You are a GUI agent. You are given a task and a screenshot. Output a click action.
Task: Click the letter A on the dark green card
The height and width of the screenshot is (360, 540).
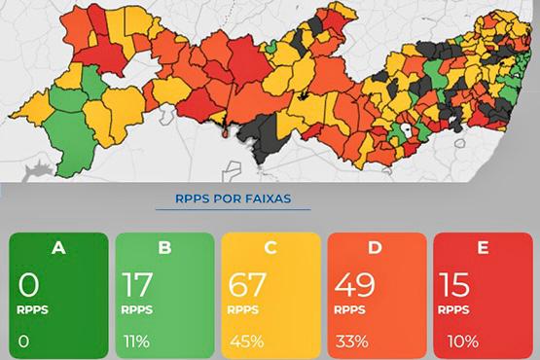coord(58,247)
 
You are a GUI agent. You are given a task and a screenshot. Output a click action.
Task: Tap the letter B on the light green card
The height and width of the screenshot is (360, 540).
coord(163,247)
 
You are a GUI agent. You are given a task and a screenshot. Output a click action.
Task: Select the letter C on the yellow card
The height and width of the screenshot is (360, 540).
coord(270,247)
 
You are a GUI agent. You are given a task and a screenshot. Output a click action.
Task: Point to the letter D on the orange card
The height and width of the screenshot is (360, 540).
coord(376,247)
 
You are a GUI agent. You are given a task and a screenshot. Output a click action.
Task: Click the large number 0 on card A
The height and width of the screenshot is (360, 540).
coord(29,286)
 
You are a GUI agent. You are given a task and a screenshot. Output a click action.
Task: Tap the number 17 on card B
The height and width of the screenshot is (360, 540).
coord(139,286)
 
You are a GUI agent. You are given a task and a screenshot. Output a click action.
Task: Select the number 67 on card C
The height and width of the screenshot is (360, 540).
coord(248,286)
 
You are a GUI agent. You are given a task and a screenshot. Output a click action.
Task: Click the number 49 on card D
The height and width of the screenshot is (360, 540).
coord(355,286)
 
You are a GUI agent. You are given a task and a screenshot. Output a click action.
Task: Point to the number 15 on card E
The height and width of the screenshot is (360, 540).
coord(456,286)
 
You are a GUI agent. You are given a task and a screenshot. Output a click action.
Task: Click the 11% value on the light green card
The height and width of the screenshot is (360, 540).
coord(136,342)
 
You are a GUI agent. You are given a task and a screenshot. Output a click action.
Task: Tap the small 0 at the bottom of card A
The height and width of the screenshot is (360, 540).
coord(23,342)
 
